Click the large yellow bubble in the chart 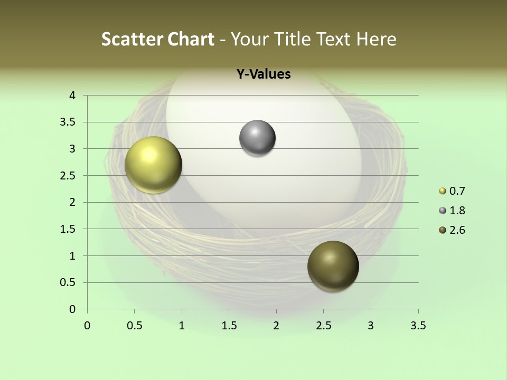tap(153, 165)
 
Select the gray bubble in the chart tap(257, 138)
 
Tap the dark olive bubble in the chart tap(333, 266)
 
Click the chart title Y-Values tap(263, 74)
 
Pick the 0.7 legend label tap(457, 191)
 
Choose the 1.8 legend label tap(457, 211)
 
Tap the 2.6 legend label tap(457, 230)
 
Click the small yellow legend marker tap(443, 191)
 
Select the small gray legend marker tap(443, 211)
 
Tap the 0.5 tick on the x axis tap(134, 326)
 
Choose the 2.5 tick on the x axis tap(323, 326)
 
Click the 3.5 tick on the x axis tap(418, 326)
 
